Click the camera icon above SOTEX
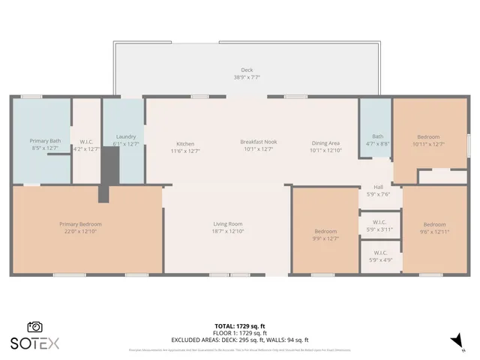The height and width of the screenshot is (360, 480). (x=34, y=327)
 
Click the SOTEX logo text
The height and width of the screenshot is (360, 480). (x=34, y=343)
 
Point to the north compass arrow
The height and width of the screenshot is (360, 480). (x=455, y=341)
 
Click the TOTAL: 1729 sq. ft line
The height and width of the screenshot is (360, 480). (x=240, y=326)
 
